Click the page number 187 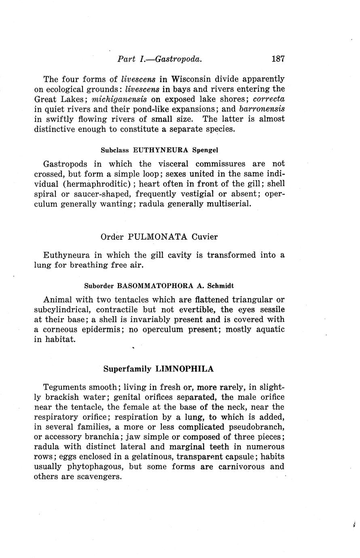(278, 59)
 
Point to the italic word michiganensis (119, 99)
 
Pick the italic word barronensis (262, 109)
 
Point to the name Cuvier (205, 237)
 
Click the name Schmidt (220, 286)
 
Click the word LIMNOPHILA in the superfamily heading (184, 369)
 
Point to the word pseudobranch (259, 427)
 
